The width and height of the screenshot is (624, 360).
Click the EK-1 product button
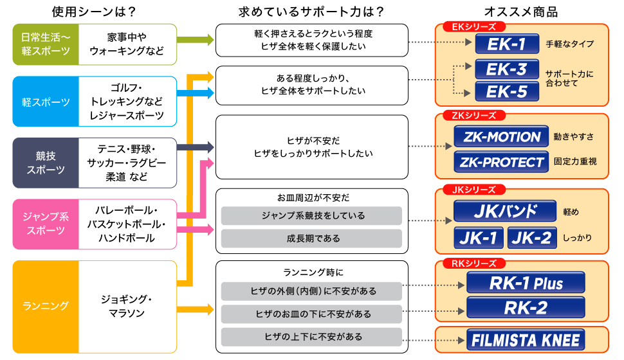point(505,44)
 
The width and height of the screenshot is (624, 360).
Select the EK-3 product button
point(506,69)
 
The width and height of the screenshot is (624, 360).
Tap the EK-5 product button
point(506,91)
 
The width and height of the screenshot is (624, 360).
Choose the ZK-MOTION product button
point(500,137)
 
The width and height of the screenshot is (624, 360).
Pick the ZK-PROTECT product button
point(500,162)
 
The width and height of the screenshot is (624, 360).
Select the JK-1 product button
point(479,238)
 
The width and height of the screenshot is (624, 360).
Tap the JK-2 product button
point(531,238)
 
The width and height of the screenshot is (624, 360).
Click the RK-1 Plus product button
point(526,283)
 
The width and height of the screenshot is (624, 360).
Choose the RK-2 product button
point(526,308)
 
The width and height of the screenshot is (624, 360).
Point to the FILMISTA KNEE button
point(526,339)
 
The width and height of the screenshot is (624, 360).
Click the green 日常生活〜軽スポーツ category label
point(46,44)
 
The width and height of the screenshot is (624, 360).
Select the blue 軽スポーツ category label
point(46,102)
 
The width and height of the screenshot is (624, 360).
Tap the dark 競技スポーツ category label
point(46,163)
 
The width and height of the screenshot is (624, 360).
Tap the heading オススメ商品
point(521,12)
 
